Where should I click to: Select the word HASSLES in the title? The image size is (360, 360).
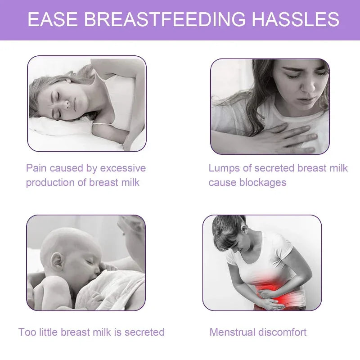coord(295,20)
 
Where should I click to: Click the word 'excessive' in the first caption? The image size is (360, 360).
coord(123,168)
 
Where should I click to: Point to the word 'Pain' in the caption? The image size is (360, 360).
coord(36,168)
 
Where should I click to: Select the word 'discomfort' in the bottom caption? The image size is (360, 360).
coord(283,333)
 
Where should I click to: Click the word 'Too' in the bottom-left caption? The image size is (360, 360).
coord(27,333)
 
